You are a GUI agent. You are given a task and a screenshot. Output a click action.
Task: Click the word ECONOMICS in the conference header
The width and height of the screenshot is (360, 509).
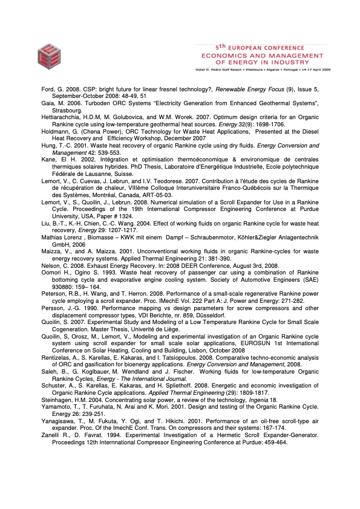(226, 52)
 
